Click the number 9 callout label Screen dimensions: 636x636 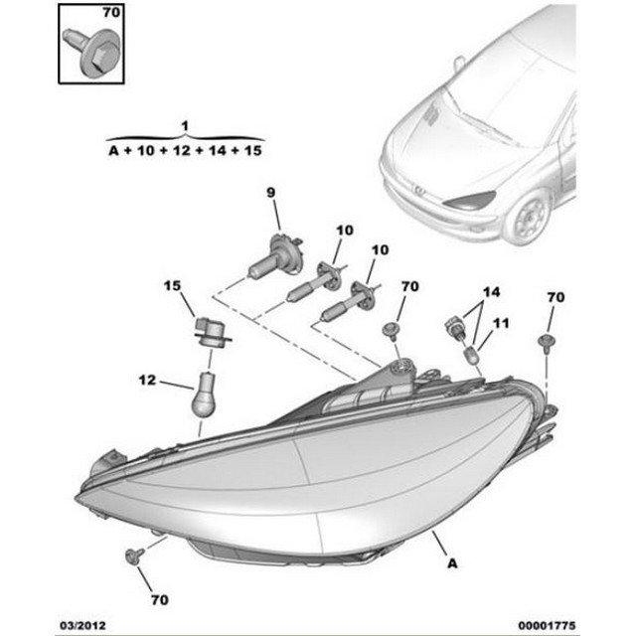271,192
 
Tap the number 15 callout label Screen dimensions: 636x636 172,286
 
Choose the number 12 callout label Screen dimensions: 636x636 147,381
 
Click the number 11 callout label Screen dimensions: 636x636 501,324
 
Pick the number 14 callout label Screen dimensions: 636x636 491,292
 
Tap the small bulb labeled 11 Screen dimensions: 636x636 471,353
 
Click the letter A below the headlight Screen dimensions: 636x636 452,563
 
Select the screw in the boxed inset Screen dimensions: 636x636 91,51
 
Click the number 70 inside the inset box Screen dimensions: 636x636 111,13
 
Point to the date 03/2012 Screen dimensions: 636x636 82,625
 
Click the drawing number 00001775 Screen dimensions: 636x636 547,625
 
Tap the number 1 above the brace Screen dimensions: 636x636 185,126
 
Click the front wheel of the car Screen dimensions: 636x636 527,218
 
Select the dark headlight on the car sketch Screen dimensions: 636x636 469,199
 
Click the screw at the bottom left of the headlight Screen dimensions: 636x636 135,556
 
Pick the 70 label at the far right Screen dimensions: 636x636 556,297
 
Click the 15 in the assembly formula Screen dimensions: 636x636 253,150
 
